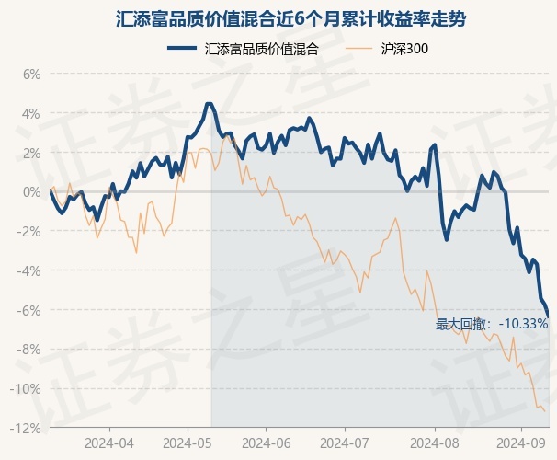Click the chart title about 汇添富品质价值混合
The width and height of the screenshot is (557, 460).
(x=278, y=17)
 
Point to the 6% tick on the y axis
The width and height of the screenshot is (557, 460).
(x=31, y=75)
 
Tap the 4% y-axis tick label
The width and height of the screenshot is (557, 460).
(x=31, y=114)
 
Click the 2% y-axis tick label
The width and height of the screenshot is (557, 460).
(x=31, y=153)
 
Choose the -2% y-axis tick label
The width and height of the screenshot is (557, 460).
(x=29, y=232)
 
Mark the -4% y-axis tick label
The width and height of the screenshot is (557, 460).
(x=29, y=271)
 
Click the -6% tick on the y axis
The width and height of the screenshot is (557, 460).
(x=29, y=310)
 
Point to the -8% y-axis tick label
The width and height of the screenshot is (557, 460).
(x=29, y=350)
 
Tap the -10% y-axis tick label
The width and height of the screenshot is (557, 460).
(x=27, y=389)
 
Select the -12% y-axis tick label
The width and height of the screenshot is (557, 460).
(x=27, y=429)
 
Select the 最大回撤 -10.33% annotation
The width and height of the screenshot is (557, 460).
(x=492, y=324)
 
